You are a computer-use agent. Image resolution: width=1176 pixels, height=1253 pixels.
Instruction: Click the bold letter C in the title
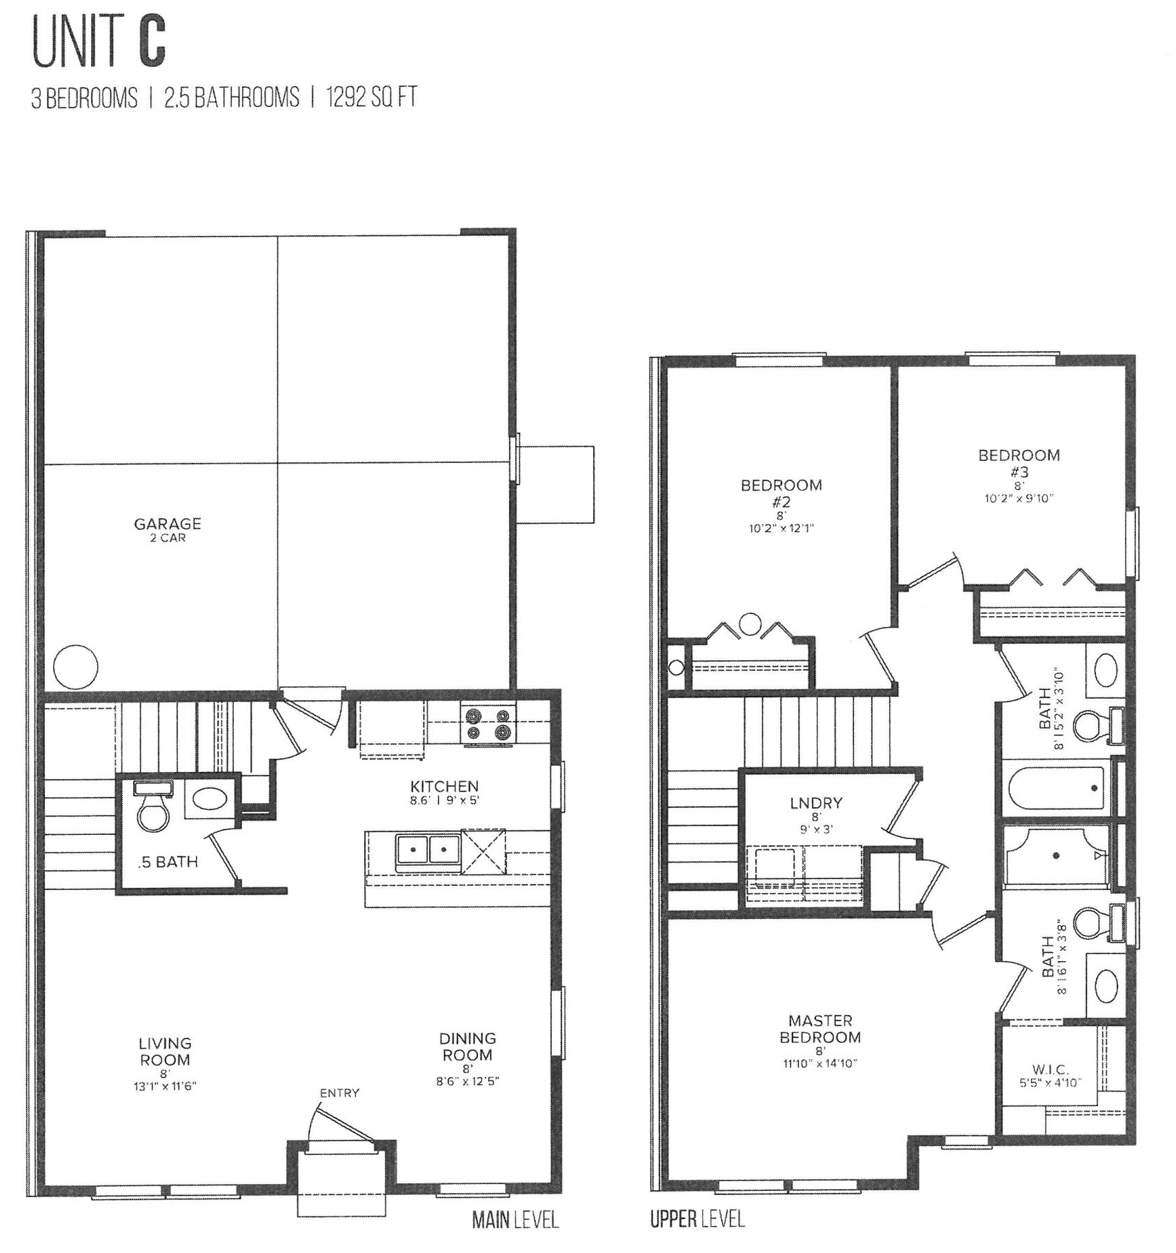(x=151, y=44)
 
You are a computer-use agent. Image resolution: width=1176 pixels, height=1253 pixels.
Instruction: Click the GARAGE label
(x=168, y=524)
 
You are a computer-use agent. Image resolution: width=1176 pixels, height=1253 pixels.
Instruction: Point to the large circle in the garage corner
(x=76, y=667)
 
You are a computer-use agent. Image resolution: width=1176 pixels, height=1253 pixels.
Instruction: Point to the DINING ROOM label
(x=468, y=1047)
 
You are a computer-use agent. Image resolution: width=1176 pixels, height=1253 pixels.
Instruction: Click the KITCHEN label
(x=444, y=786)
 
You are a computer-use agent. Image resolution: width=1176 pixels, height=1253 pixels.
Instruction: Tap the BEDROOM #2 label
(x=781, y=493)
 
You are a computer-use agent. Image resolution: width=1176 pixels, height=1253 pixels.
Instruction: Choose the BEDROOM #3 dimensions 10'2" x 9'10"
(x=1019, y=497)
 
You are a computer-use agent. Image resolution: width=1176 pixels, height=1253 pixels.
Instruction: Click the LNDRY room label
(x=816, y=802)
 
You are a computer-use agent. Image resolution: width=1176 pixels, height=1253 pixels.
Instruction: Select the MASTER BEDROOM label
(x=820, y=1028)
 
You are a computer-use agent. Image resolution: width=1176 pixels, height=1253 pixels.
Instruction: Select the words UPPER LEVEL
(x=697, y=1219)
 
